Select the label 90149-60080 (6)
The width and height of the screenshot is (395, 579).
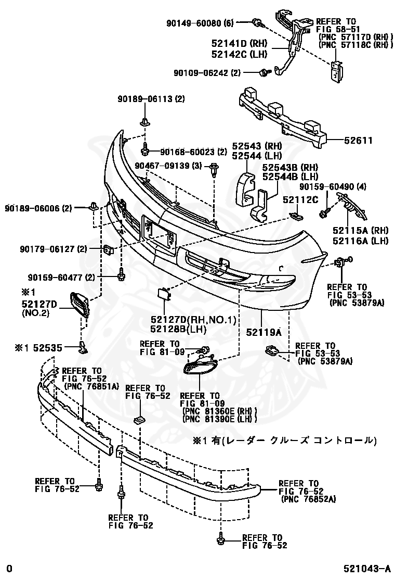(x=201, y=23)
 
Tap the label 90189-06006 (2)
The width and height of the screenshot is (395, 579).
(x=39, y=208)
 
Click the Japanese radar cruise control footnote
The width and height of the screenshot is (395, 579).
(x=284, y=440)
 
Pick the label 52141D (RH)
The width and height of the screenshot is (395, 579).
(x=239, y=43)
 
